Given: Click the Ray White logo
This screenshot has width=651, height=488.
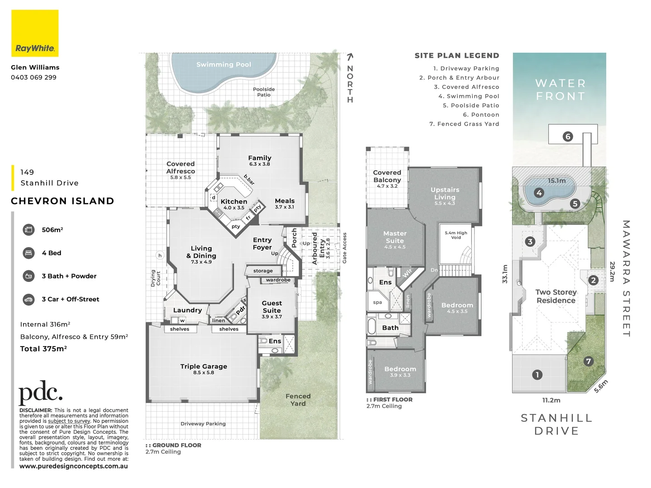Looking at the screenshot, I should (35, 33).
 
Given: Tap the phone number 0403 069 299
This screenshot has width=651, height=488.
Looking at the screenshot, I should (33, 77).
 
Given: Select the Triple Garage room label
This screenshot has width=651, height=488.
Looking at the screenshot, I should (203, 366).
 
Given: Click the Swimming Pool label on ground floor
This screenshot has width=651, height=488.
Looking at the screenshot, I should (224, 65).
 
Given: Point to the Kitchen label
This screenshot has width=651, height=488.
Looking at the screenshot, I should (234, 202).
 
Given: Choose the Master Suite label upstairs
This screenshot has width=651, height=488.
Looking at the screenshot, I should (395, 237).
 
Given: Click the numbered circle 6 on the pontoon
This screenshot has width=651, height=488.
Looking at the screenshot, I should (568, 136).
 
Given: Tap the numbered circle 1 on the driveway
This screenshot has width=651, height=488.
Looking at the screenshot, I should (537, 375).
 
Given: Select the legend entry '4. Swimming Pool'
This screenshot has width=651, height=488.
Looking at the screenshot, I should (468, 96).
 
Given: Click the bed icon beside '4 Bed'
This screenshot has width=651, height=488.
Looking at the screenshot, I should (28, 253).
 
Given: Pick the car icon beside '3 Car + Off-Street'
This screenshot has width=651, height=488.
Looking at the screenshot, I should (28, 299).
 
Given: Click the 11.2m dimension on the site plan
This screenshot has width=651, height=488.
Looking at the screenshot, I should (551, 400).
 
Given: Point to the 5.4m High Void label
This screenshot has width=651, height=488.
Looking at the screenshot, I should (456, 235).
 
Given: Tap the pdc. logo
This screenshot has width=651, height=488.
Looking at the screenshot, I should (40, 393).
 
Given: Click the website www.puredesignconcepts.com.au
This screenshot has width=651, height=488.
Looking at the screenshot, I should (74, 466).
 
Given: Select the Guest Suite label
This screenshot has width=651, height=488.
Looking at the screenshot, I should (272, 307).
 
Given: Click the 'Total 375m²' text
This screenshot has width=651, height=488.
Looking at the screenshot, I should (43, 349).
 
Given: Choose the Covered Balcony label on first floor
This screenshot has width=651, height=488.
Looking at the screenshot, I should (387, 176).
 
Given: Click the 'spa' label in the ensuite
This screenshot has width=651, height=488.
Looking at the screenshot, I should (377, 302).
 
